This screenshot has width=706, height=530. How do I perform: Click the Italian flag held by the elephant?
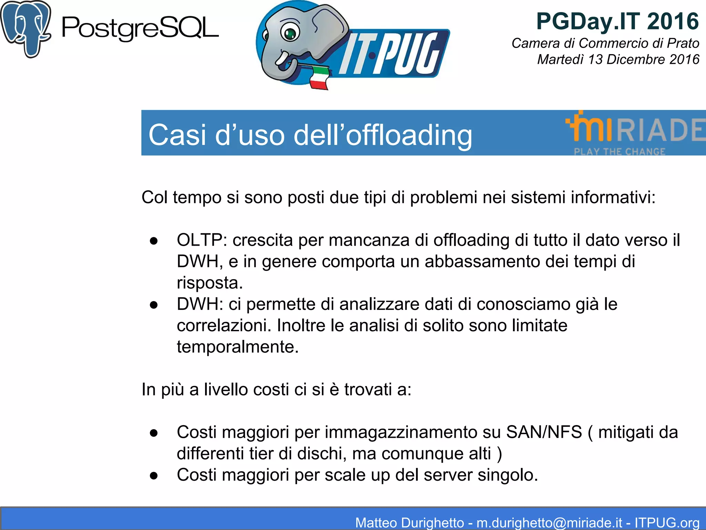coord(319,78)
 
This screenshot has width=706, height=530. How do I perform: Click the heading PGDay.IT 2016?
coord(617,21)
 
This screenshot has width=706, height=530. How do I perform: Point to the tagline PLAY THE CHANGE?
coord(619,151)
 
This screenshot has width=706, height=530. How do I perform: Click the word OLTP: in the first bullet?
coord(202,240)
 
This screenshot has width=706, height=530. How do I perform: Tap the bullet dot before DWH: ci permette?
coord(154,305)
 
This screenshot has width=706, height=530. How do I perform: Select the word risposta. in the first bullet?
coord(210,283)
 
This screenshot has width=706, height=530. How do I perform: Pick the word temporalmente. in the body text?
coord(238,347)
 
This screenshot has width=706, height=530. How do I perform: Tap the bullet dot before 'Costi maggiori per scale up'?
coord(154,475)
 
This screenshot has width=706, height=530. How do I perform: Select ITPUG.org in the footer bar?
coord(667,522)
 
